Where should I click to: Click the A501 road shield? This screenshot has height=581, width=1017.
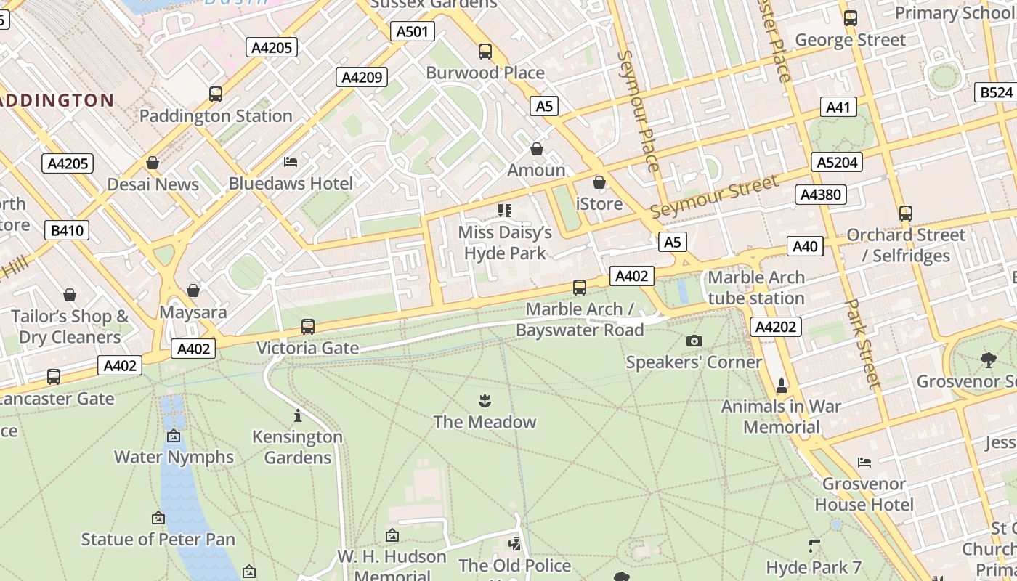(x=413, y=31)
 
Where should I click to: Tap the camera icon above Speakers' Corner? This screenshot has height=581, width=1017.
(x=694, y=341)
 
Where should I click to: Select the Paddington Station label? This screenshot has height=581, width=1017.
(x=216, y=115)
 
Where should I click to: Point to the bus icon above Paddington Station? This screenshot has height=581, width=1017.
(x=216, y=94)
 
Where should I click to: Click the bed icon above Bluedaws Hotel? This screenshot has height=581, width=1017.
(x=291, y=161)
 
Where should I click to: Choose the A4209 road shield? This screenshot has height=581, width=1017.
(x=362, y=77)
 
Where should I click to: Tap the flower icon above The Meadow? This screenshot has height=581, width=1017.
(x=485, y=400)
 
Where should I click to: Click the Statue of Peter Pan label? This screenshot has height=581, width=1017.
(x=158, y=539)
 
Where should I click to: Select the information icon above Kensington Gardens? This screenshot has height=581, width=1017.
(x=297, y=415)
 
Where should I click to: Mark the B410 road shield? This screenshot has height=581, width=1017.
(x=68, y=231)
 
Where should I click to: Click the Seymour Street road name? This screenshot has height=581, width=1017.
(x=713, y=197)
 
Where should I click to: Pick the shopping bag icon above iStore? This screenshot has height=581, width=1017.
(x=599, y=182)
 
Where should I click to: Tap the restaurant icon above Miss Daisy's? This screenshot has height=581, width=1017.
(x=505, y=211)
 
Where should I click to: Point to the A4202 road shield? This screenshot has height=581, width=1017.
(x=775, y=327)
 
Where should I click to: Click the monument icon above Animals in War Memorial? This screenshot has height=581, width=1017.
(x=782, y=384)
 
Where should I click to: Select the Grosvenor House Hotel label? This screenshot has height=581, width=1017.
(x=864, y=494)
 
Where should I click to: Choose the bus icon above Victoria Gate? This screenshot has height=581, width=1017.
(x=308, y=327)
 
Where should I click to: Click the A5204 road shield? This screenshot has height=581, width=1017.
(x=837, y=162)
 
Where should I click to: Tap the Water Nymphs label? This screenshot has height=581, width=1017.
(x=174, y=457)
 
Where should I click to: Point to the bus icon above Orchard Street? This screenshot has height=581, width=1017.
(x=905, y=214)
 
